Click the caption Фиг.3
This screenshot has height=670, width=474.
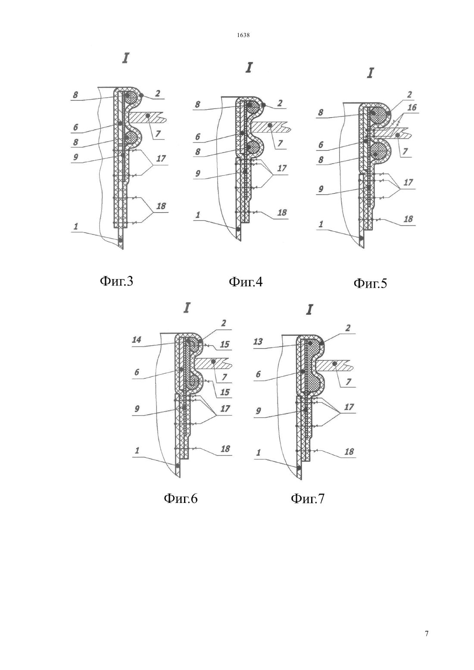(x=116, y=281)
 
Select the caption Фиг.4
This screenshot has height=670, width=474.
(x=245, y=282)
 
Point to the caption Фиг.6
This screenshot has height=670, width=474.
(x=181, y=498)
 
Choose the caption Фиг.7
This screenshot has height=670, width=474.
(x=307, y=498)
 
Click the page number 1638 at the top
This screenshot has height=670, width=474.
(x=243, y=35)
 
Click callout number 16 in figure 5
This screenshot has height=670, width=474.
(x=412, y=107)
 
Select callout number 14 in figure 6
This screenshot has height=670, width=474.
(x=137, y=339)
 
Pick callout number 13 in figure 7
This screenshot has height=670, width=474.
(x=258, y=341)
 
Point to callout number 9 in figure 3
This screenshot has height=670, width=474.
(x=76, y=157)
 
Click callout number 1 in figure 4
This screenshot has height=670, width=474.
(x=198, y=215)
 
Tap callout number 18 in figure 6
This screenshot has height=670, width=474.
(x=225, y=449)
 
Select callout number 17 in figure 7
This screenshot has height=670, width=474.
(x=349, y=407)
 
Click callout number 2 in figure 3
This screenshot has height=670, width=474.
(x=158, y=93)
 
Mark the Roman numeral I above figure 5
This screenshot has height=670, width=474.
(x=370, y=73)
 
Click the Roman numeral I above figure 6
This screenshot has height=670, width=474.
(x=187, y=308)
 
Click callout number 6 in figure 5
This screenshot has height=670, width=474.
(x=321, y=145)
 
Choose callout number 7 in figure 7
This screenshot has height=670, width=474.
(x=348, y=382)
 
